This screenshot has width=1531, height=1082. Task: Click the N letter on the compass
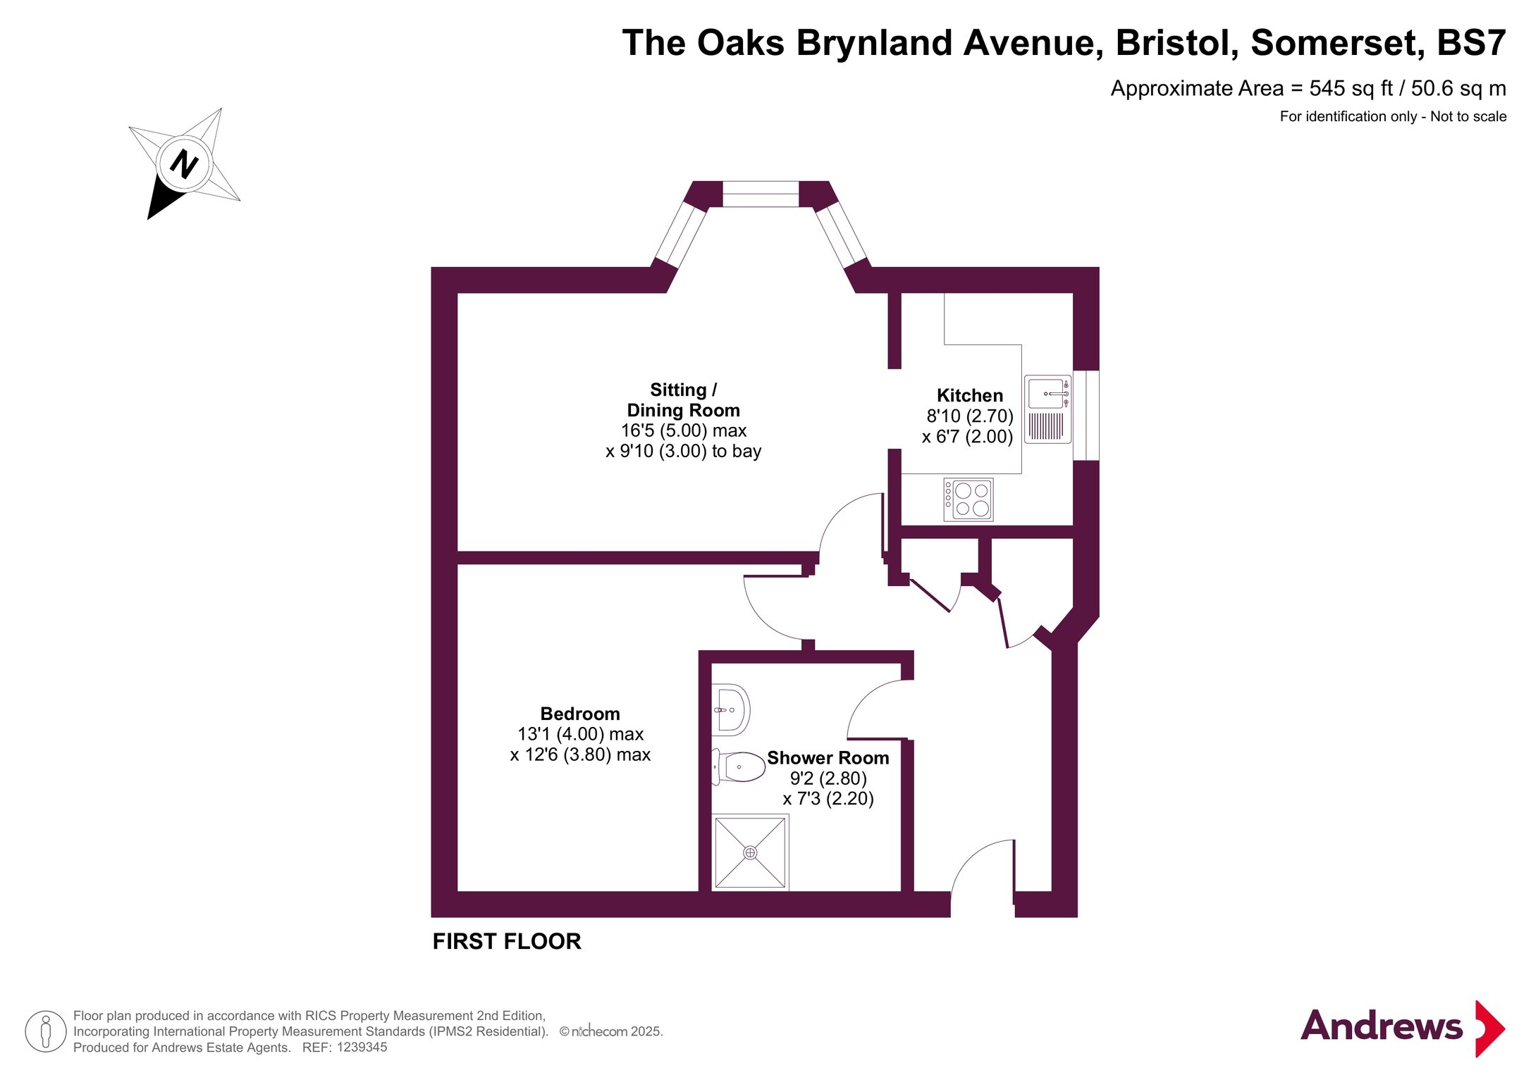coord(185,164)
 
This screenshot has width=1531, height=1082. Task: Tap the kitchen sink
coord(1047,409)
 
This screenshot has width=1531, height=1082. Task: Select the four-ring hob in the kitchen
coord(969,499)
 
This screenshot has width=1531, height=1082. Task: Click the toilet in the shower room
coord(739,766)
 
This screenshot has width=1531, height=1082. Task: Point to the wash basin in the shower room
coord(730,709)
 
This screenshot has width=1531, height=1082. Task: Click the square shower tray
coord(750,852)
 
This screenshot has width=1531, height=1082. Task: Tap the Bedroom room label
coord(580,714)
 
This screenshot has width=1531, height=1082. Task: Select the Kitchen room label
coord(970,395)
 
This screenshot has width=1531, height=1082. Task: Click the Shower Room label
coord(828,758)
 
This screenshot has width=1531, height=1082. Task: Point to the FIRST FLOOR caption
coord(507,941)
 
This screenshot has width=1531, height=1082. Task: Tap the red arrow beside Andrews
coord(1490,1028)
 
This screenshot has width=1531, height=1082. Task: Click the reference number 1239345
coord(362,1047)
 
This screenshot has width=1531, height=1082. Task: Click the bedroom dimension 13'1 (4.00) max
coord(580,734)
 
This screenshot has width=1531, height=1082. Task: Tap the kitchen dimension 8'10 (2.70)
coord(970,416)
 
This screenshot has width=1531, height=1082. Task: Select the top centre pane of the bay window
coord(761,194)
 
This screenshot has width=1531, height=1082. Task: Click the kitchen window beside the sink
coord(1086,416)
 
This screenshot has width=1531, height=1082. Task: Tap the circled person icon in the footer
coord(46,1031)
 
